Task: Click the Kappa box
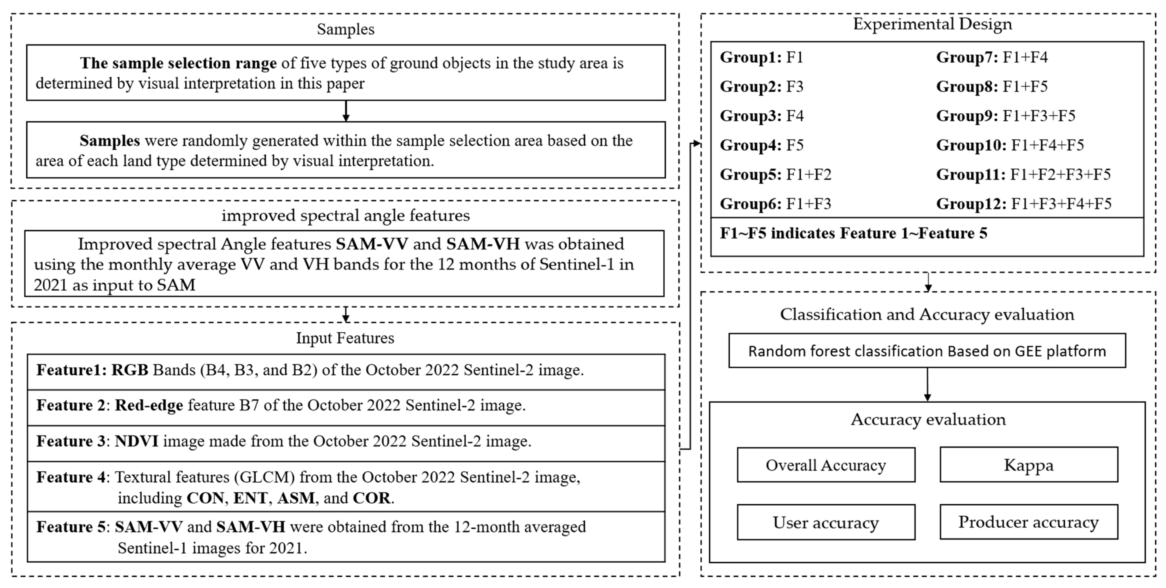1029,465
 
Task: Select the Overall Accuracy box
826,465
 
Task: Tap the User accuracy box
826,522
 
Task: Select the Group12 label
971,204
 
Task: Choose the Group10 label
971,145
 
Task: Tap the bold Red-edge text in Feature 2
149,405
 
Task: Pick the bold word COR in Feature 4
371,498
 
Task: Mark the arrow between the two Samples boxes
346,111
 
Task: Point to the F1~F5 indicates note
853,233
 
